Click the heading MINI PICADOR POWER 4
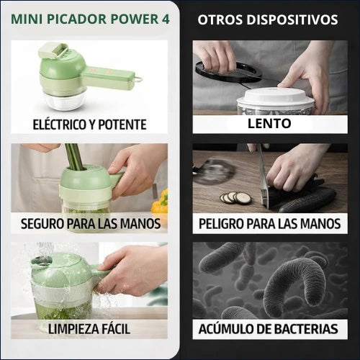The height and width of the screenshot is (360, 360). tap(89, 19)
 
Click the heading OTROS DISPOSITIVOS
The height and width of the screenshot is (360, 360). tap(268, 19)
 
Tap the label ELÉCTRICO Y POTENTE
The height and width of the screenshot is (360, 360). tap(89, 124)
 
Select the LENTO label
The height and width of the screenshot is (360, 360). tap(267, 123)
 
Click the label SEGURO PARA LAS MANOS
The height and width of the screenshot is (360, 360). tap(89, 223)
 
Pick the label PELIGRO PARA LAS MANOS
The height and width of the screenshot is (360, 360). tap(268, 223)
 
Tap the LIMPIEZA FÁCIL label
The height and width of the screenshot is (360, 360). tap(89, 329)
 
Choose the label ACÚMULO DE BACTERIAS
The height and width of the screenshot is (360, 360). tap(268, 329)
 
